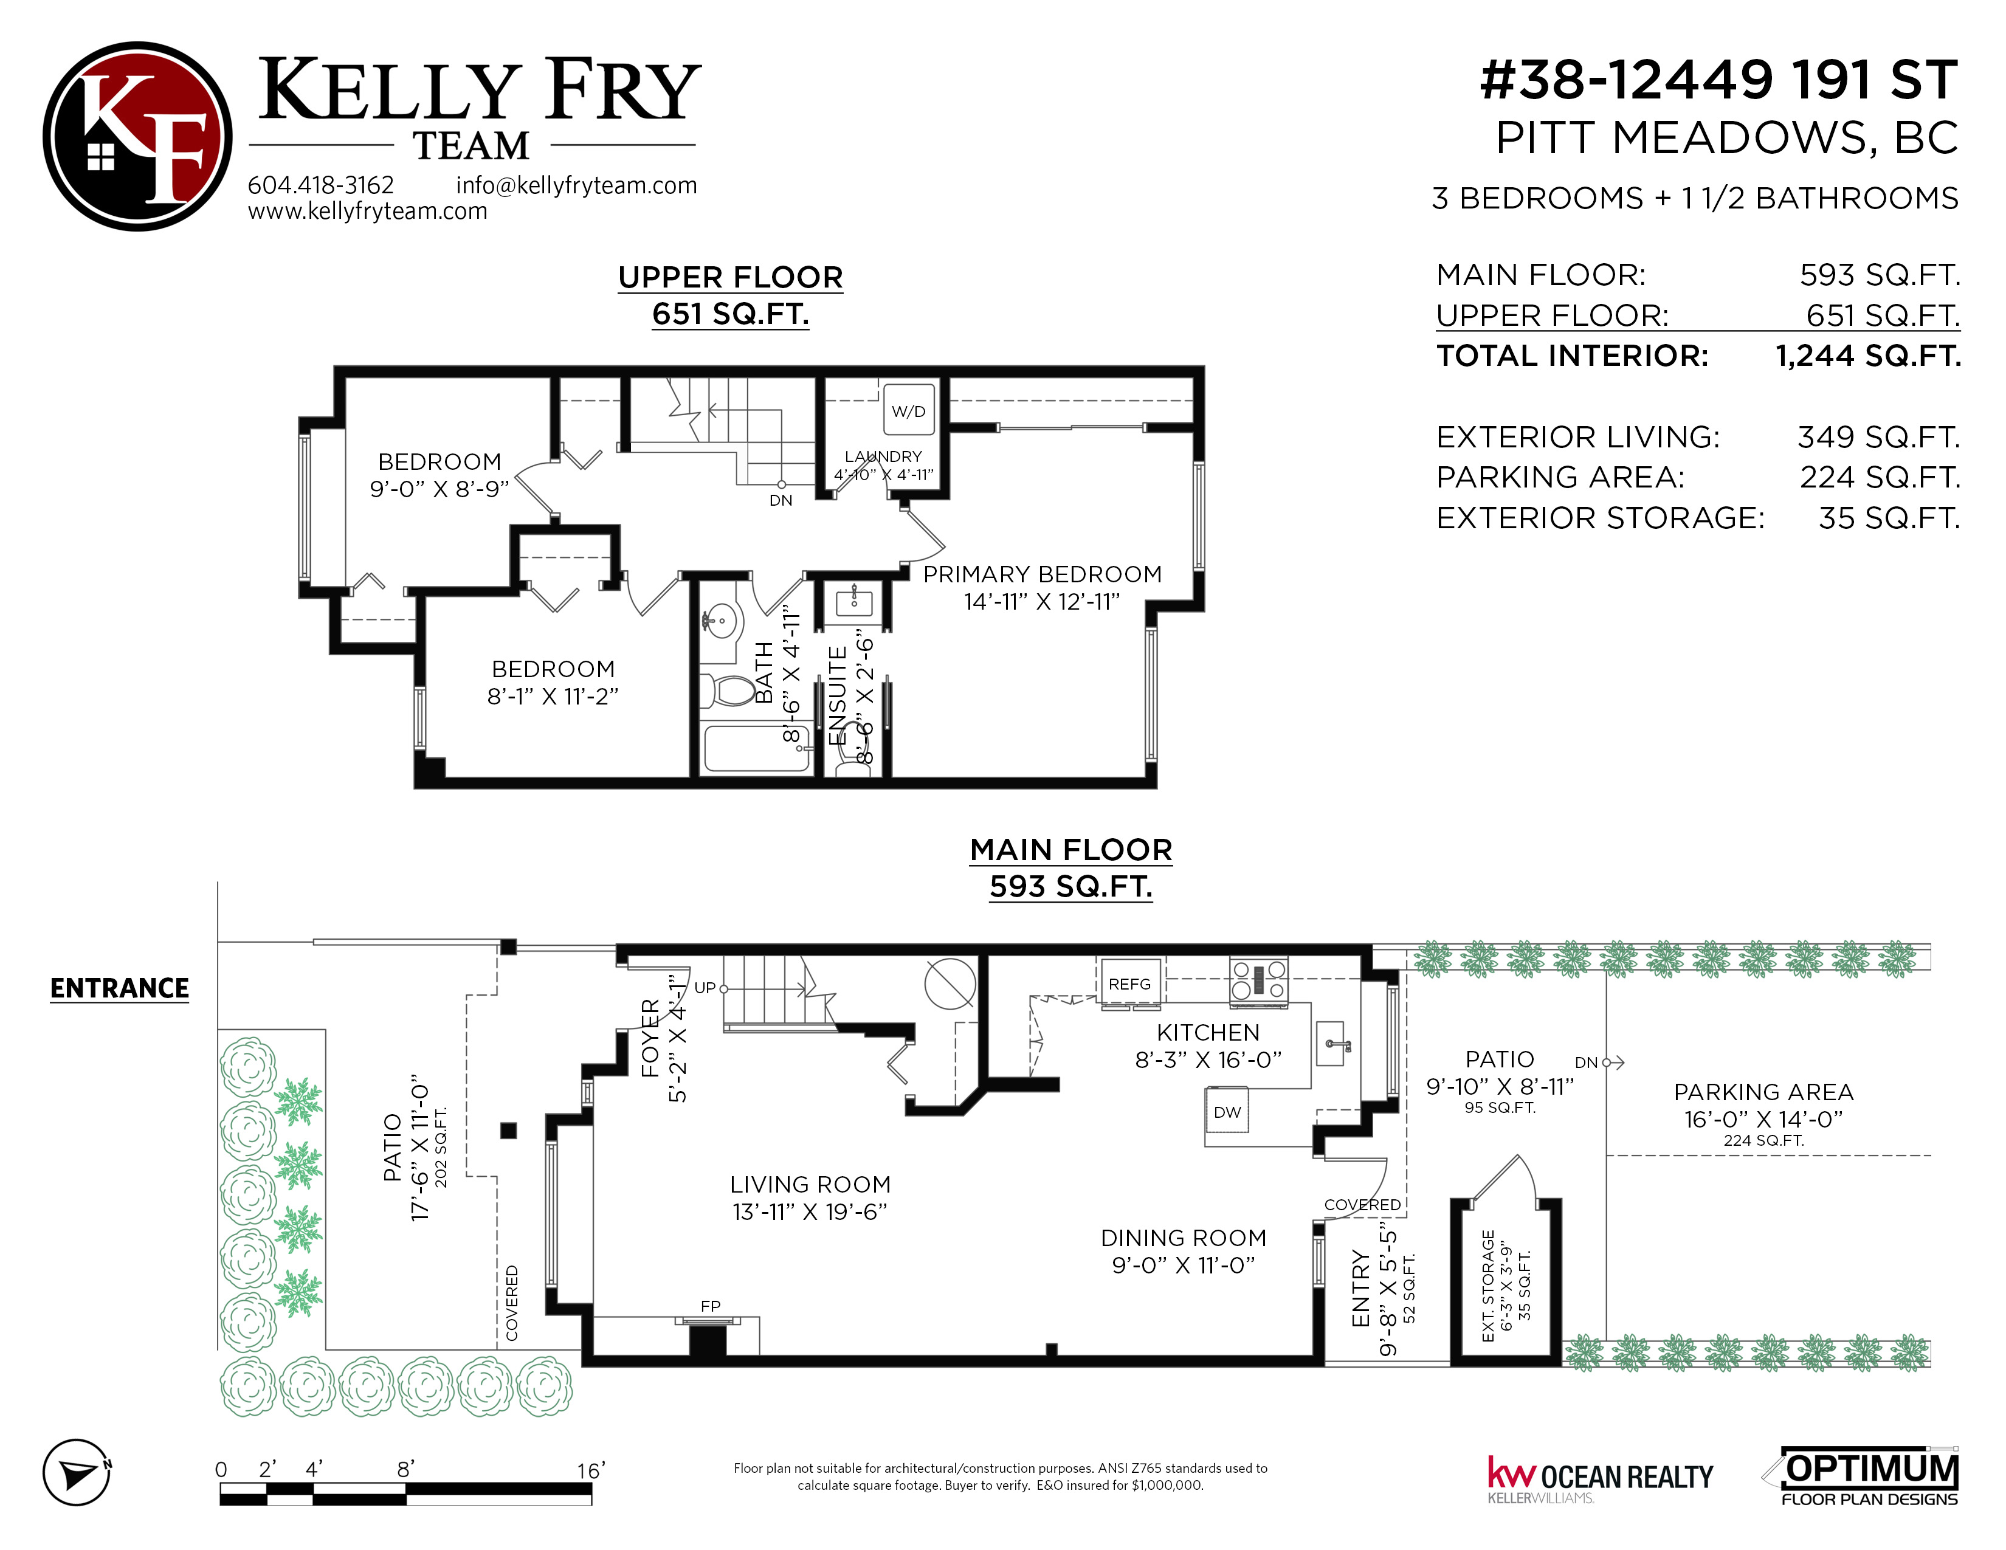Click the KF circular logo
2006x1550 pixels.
click(x=138, y=136)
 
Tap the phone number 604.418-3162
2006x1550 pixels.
click(x=320, y=185)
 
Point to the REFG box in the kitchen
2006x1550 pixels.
click(x=1130, y=984)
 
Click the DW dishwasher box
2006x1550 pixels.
click(x=1227, y=1112)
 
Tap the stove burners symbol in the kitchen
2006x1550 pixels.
click(x=1260, y=978)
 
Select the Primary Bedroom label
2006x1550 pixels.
click(x=1043, y=588)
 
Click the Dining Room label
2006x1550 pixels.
click(x=1184, y=1252)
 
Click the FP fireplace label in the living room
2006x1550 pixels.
click(x=710, y=1306)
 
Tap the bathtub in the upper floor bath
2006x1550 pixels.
click(x=757, y=748)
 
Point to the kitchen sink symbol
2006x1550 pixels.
click(x=1331, y=1045)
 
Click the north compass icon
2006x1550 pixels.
click(x=78, y=1472)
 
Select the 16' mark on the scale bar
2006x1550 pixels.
click(x=591, y=1470)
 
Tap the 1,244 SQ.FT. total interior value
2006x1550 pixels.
click(x=1868, y=356)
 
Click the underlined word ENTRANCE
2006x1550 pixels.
click(x=119, y=989)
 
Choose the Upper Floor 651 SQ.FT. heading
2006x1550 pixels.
click(x=730, y=295)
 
